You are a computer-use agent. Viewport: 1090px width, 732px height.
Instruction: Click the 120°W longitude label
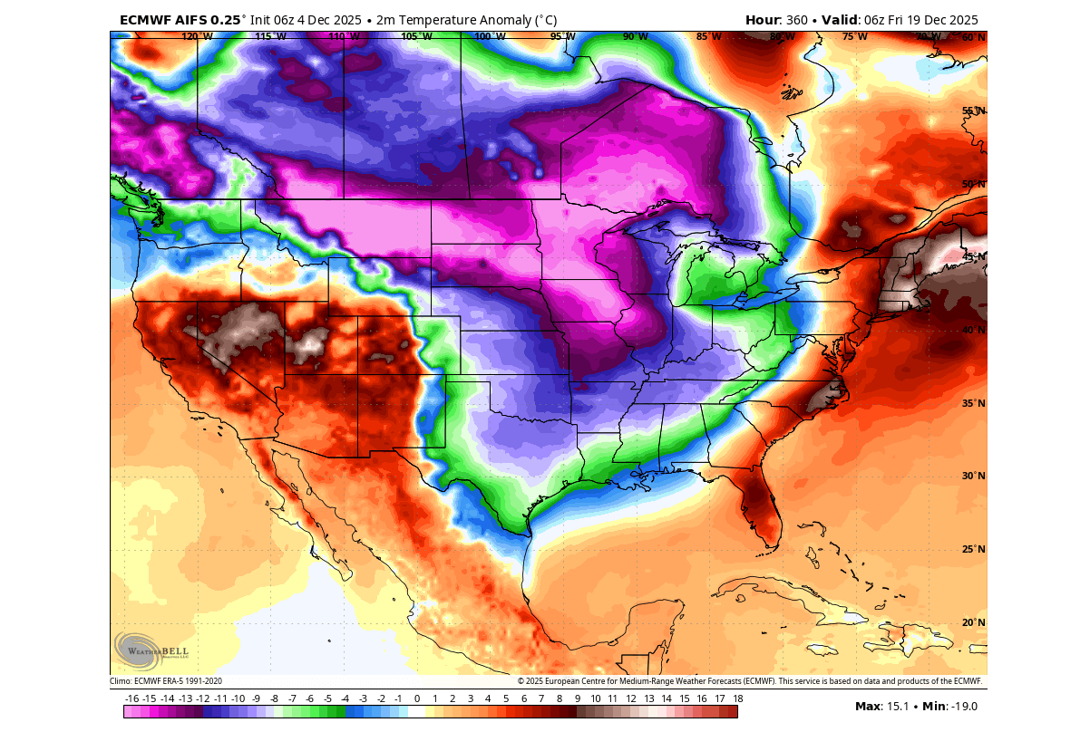(197, 37)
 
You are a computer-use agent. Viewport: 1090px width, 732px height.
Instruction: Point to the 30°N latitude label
(973, 476)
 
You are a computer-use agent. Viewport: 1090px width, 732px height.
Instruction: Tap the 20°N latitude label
(973, 622)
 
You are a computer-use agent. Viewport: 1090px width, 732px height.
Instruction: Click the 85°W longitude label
(709, 37)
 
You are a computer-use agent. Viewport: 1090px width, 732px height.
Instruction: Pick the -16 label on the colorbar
(132, 698)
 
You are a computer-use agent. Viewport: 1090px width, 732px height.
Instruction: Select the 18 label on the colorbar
(738, 698)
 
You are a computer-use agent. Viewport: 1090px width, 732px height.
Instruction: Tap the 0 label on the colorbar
(417, 698)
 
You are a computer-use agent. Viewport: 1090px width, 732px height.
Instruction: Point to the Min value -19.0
(962, 707)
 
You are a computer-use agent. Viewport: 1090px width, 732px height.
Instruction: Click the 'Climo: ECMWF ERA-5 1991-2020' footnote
(166, 681)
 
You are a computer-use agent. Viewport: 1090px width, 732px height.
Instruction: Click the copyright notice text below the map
(750, 681)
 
